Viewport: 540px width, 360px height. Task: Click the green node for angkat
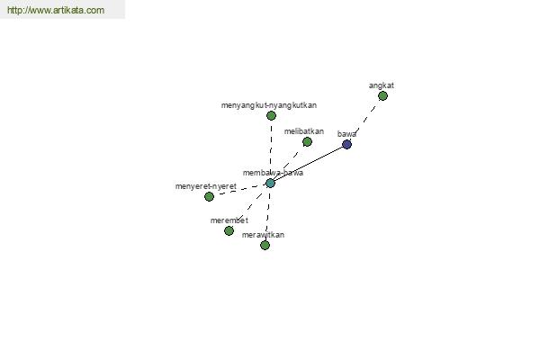[x=382, y=95]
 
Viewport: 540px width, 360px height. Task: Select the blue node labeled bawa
[x=346, y=144]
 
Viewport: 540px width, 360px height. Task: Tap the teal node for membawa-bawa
[x=270, y=183]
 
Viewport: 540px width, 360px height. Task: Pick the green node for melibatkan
[x=307, y=141]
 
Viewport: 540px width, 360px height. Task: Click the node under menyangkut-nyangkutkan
[x=271, y=116]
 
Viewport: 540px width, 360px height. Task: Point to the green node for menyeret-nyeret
[x=209, y=197]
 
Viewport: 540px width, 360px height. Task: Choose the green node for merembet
[x=229, y=230]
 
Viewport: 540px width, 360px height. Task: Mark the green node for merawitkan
[x=265, y=246]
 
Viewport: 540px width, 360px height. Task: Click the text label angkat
[x=382, y=85]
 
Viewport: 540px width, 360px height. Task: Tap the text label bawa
[x=346, y=134]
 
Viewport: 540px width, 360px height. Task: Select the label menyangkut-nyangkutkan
[x=269, y=105]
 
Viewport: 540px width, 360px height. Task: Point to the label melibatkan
[x=304, y=131]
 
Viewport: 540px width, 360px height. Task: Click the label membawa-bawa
[x=273, y=173]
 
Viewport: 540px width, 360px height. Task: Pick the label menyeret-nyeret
[x=206, y=186]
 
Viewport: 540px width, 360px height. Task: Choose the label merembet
[x=229, y=220]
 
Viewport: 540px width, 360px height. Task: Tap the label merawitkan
[x=263, y=235]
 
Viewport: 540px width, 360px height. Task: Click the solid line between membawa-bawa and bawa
[x=309, y=164]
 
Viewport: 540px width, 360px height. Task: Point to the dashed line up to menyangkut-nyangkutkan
[x=271, y=149]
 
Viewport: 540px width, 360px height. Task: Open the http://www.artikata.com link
[x=56, y=10]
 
